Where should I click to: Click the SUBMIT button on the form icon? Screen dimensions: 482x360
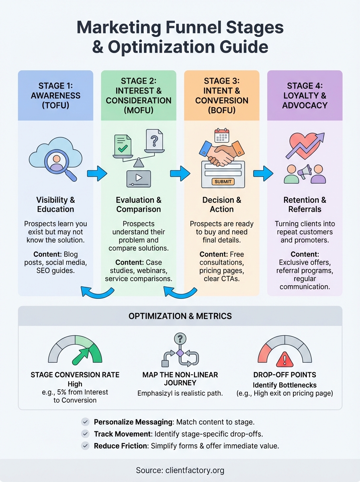(223, 182)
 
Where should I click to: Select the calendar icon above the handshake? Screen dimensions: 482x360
(221, 135)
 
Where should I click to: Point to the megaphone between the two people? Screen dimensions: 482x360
(304, 172)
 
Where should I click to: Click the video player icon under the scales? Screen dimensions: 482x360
(138, 178)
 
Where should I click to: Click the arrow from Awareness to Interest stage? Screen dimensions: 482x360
(97, 174)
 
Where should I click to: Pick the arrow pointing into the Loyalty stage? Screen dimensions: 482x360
(263, 174)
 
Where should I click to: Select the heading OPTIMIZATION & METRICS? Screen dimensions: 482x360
(180, 316)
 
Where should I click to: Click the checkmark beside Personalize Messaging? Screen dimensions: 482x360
(85, 422)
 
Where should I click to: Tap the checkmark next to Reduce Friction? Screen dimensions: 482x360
(85, 446)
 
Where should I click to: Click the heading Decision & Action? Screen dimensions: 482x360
(221, 204)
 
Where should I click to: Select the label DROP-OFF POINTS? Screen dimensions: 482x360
(284, 375)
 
